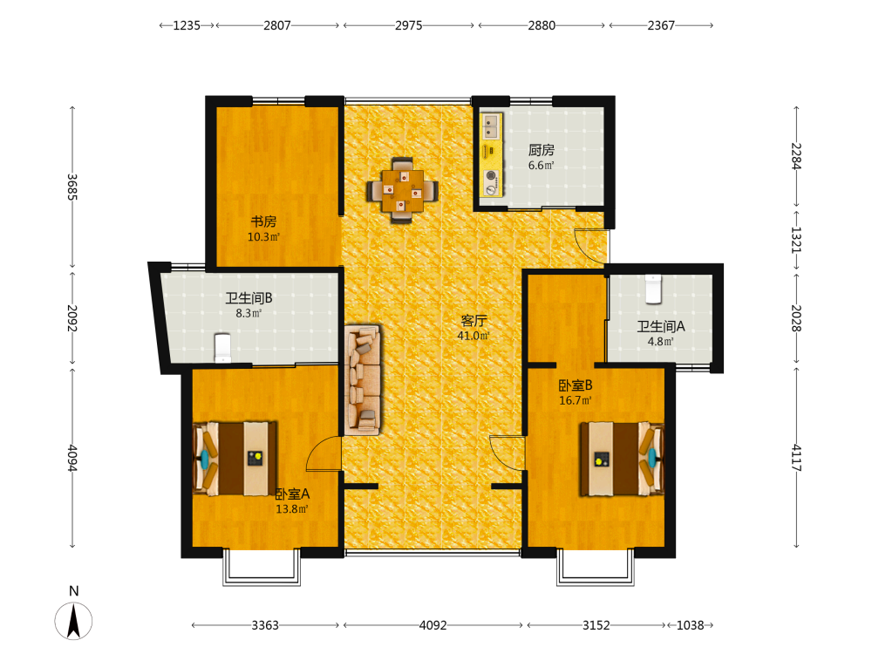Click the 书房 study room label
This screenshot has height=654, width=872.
coord(263,221)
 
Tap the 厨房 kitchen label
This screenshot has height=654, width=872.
coord(542,150)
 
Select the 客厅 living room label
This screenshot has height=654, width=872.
coord(473,320)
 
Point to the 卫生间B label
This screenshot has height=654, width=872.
coord(249,298)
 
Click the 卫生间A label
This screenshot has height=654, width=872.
coord(661,326)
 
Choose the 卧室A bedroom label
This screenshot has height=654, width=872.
coord(292,494)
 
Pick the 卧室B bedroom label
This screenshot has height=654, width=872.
coord(576,385)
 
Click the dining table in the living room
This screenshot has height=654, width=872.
coord(402,191)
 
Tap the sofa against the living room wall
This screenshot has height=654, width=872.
coord(363,380)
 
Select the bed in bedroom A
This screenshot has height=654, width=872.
coord(235,459)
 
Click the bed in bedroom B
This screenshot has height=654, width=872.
coord(622,459)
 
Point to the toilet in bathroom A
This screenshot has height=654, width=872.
coord(653,290)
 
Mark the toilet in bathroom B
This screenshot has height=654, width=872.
coord(222,348)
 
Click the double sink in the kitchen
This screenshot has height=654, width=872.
coord(490,126)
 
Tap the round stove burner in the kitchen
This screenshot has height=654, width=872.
coord(491,176)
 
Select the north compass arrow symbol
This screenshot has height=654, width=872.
coord(73,621)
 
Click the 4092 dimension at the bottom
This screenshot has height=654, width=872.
coord(433,625)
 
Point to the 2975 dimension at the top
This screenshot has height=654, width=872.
coord(409,25)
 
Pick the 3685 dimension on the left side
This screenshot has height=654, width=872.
coord(72,187)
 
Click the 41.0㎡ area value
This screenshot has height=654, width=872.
coord(473,336)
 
